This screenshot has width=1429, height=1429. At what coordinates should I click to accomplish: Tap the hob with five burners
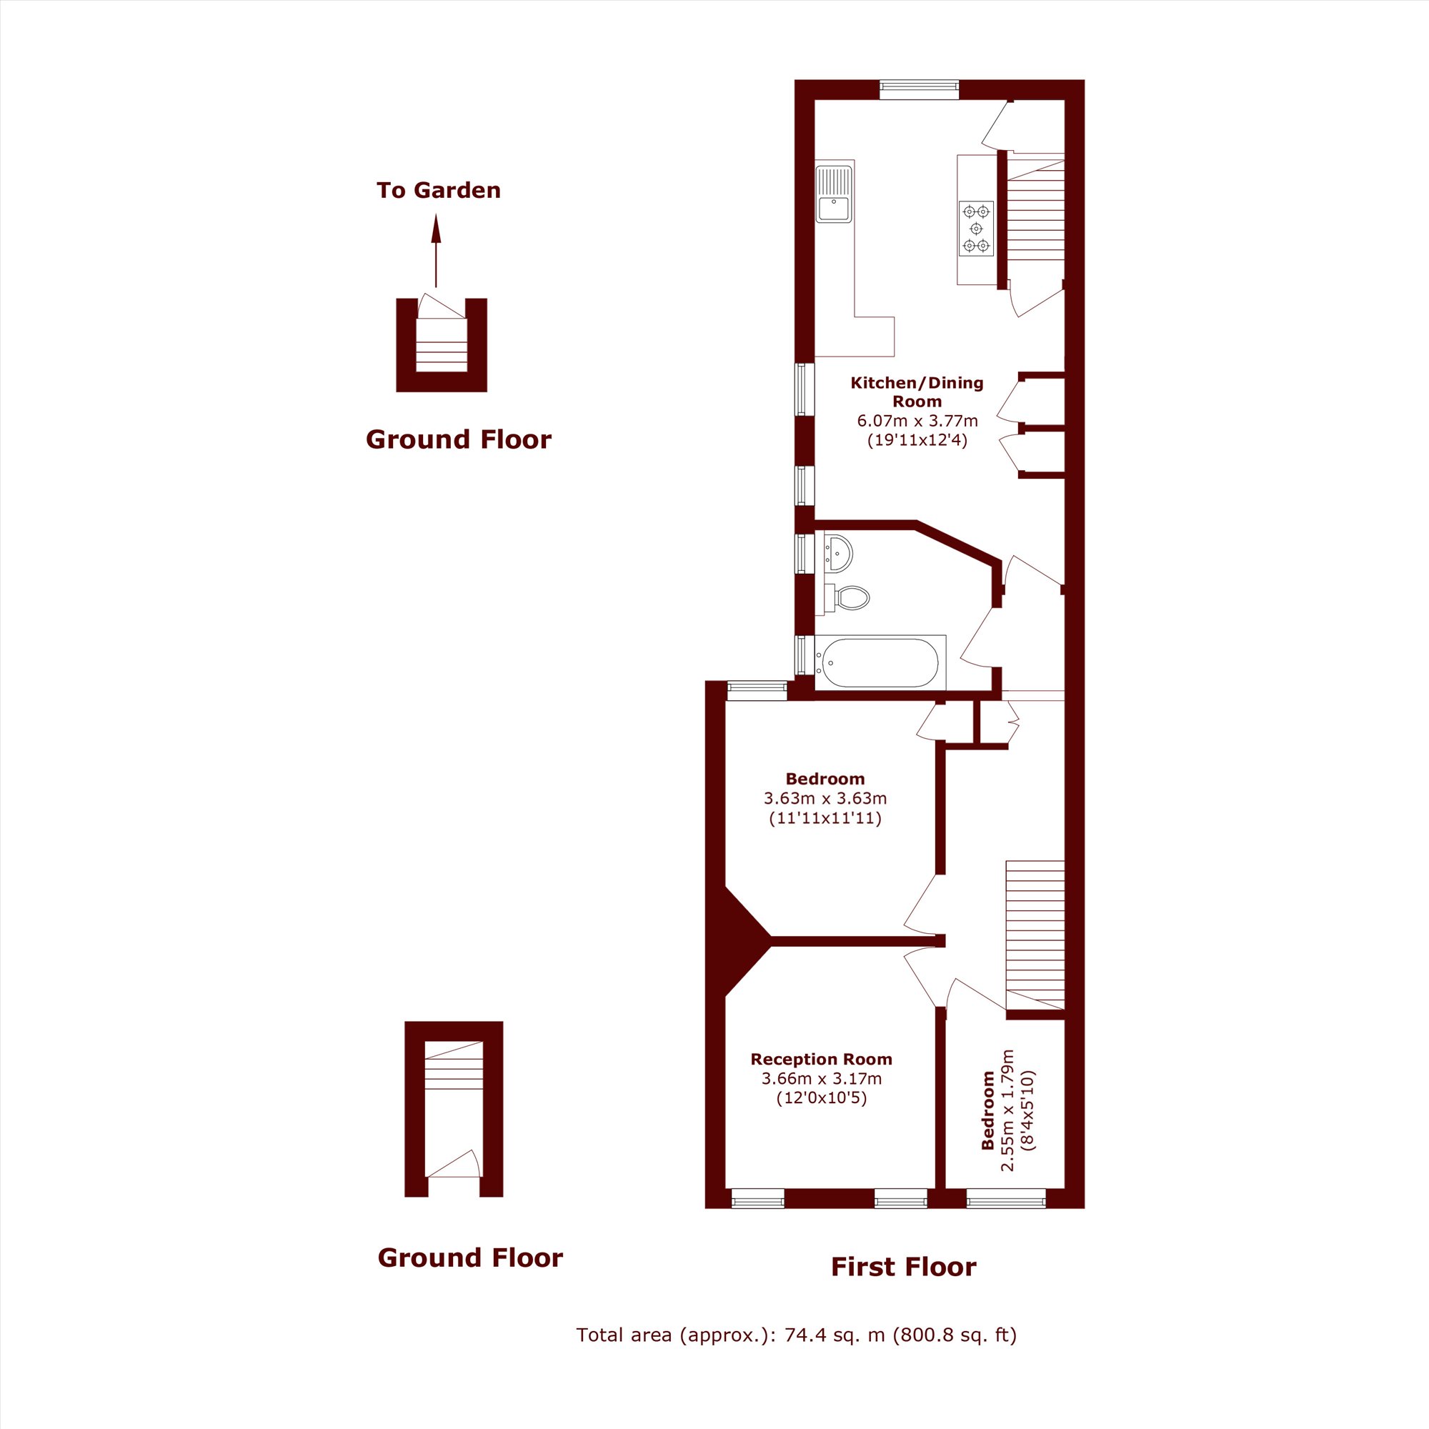[976, 229]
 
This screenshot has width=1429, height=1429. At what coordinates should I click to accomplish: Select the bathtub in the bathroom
[880, 663]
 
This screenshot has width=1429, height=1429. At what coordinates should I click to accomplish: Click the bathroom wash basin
[839, 552]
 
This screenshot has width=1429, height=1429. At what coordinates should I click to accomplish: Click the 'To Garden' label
[439, 190]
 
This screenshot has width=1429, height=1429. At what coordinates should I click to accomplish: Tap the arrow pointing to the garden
[436, 250]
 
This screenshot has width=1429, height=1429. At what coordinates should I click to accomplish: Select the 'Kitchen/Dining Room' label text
[917, 392]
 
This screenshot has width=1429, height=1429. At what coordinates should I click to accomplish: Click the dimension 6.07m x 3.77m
[917, 421]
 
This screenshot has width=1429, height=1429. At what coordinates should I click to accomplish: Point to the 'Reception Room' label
[821, 1058]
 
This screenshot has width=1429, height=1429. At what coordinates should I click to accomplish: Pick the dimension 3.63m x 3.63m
[825, 798]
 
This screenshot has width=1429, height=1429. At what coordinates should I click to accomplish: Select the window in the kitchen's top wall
[920, 89]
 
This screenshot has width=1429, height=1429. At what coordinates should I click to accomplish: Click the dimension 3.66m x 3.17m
[822, 1078]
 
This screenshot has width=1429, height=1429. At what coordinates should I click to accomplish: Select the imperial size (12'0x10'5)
[822, 1098]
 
